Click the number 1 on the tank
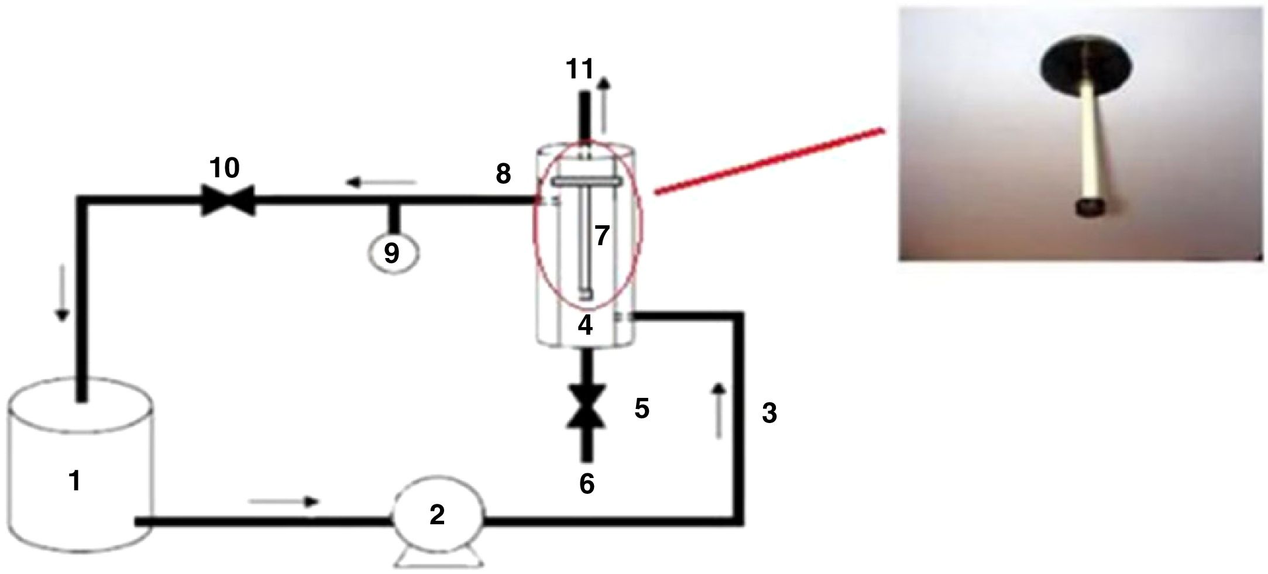pyautogui.click(x=74, y=482)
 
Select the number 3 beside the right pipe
pyautogui.click(x=769, y=414)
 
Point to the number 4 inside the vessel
pyautogui.click(x=585, y=325)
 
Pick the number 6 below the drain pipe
pyautogui.click(x=587, y=484)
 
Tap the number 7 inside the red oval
pyautogui.click(x=603, y=236)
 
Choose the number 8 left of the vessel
pyautogui.click(x=503, y=174)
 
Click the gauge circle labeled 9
pyautogui.click(x=392, y=253)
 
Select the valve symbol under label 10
pyautogui.click(x=228, y=200)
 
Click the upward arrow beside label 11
pyautogui.click(x=603, y=105)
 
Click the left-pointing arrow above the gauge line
pyautogui.click(x=381, y=183)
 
